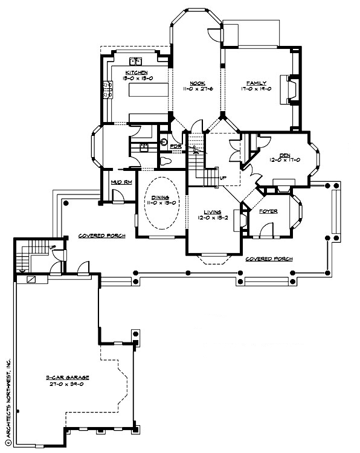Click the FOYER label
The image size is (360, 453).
pyautogui.click(x=268, y=211)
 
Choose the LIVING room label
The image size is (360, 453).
pyautogui.click(x=212, y=211)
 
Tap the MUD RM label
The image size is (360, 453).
pyautogui.click(x=118, y=182)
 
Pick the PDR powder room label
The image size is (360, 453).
pyautogui.click(x=175, y=146)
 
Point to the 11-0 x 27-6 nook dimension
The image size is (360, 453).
pyautogui.click(x=196, y=89)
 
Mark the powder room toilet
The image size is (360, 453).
pyautogui.click(x=166, y=161)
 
